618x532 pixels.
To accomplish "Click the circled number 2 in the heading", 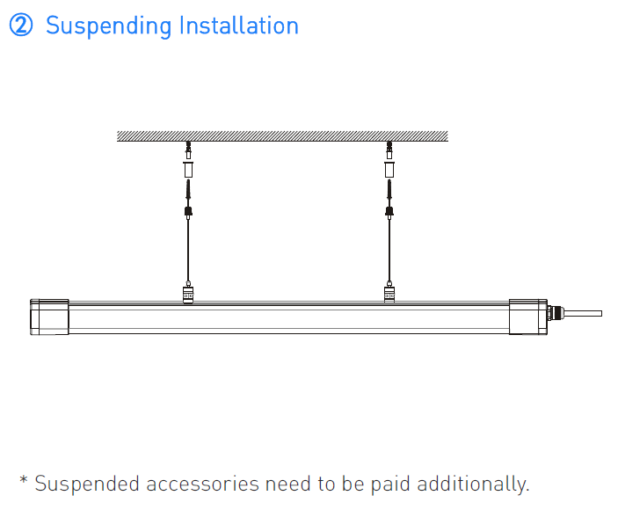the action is tap(21, 26).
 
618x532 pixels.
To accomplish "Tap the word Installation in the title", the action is tap(239, 26).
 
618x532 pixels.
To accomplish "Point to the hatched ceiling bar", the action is tap(282, 136).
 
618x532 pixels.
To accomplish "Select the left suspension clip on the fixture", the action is tap(188, 295).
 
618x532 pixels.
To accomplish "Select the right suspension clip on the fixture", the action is tap(389, 295).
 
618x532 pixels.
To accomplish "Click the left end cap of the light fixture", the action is tap(49, 317).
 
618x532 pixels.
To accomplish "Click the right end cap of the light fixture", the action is tap(528, 317).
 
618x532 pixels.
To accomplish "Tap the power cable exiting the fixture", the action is tap(583, 314).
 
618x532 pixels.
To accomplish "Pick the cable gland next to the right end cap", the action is tap(555, 313).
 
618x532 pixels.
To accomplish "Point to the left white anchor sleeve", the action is tap(188, 169).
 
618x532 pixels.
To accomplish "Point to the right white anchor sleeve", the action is tap(389, 169).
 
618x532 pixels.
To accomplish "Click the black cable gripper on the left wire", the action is tap(188, 212).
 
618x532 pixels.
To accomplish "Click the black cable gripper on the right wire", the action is tap(389, 212).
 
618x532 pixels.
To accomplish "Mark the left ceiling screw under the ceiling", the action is tap(188, 150).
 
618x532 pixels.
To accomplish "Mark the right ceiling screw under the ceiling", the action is tap(389, 150).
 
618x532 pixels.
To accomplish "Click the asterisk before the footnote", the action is tap(24, 480).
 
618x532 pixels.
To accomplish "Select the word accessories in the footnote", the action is tap(202, 485).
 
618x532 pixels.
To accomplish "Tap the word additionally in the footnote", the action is tap(473, 485).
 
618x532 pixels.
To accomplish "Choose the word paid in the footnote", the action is tap(385, 485).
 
